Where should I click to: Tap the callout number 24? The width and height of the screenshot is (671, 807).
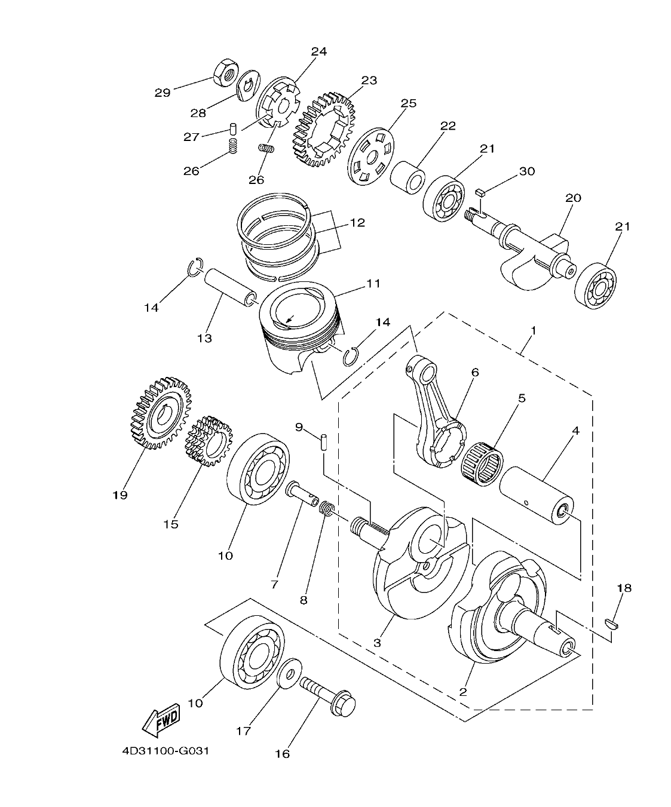318,51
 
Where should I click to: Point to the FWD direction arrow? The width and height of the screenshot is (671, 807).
161,722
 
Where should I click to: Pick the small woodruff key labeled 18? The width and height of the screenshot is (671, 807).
613,624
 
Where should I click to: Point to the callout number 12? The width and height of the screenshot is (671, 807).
357,222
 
